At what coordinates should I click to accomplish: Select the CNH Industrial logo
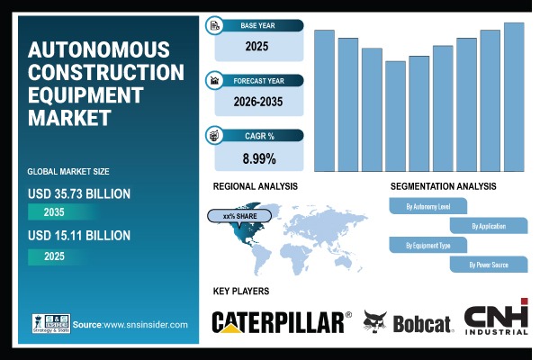496,319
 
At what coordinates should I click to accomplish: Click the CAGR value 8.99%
259,159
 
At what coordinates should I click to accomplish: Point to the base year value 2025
259,42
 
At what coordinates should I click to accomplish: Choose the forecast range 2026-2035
259,102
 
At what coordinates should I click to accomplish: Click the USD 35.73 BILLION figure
80,193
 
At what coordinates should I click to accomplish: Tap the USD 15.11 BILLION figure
80,236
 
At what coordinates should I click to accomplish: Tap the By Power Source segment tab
488,265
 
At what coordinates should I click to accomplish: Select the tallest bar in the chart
514,96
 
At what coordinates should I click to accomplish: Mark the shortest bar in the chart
395,116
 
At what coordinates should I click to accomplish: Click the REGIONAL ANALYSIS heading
256,186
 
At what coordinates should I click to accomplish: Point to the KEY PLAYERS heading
240,292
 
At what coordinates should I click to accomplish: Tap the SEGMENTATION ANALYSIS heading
443,186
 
